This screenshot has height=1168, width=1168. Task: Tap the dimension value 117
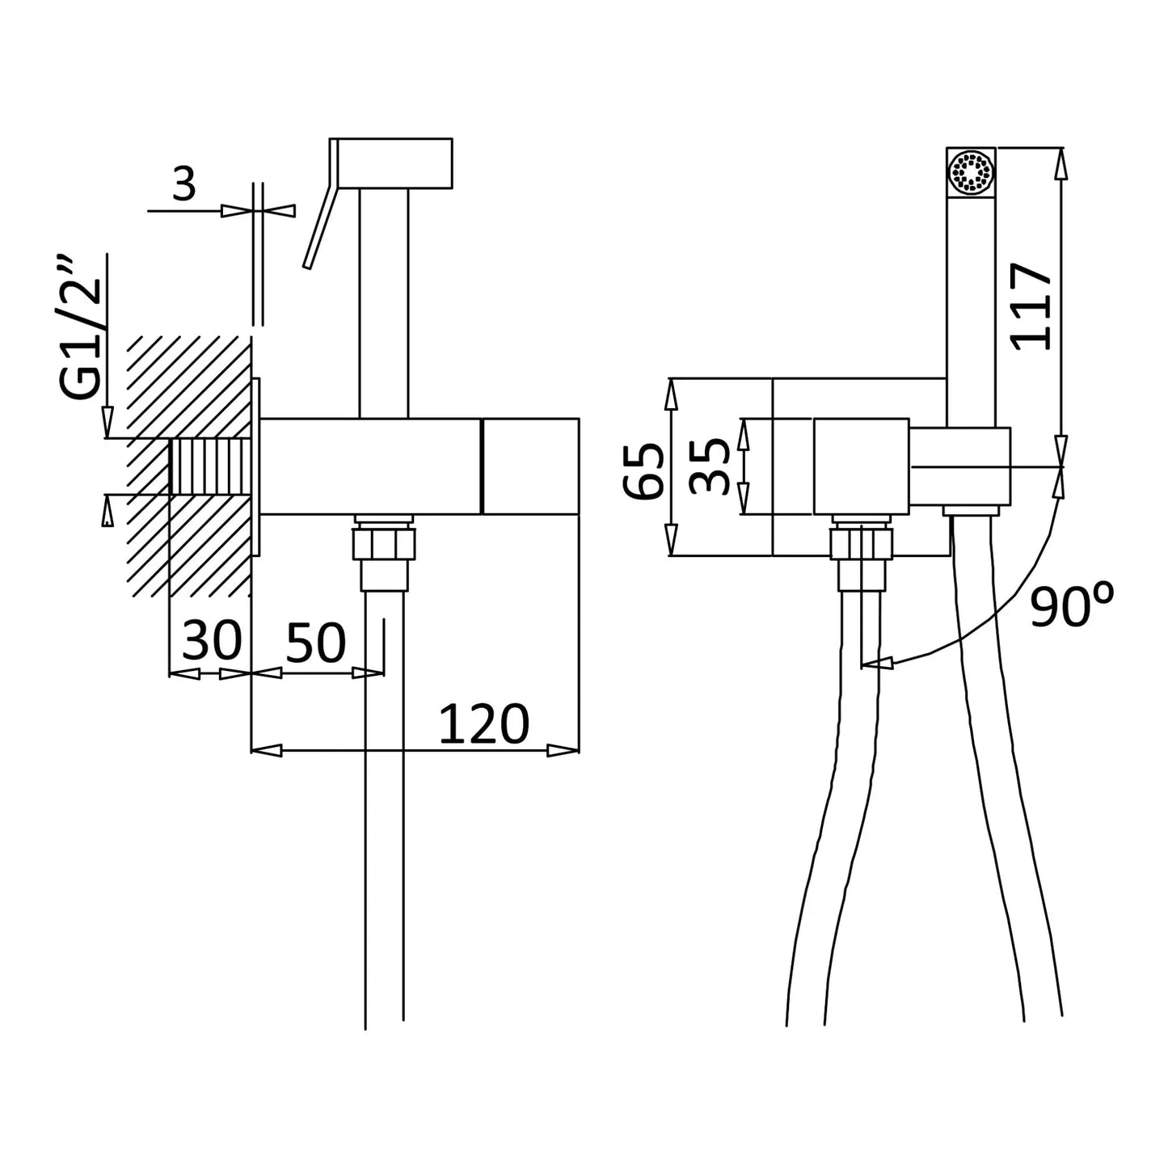tap(1032, 306)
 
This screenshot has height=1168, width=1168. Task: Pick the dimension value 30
tap(212, 641)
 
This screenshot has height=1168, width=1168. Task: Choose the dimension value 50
tap(315, 643)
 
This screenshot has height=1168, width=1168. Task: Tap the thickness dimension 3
tap(184, 185)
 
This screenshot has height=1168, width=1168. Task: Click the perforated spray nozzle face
tap(972, 172)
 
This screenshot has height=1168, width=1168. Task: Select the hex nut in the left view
tap(384, 542)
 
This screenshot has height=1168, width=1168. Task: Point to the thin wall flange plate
tap(256, 466)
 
